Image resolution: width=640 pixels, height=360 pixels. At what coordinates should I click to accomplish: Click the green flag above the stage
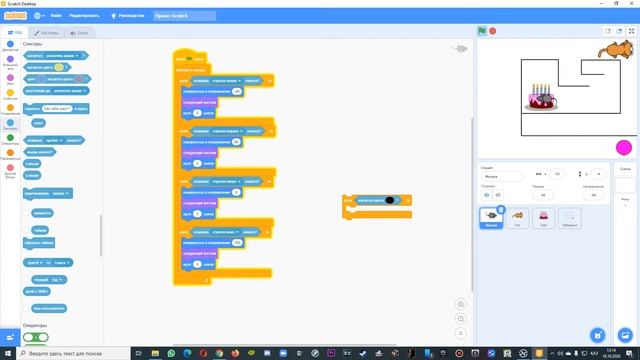[x=481, y=32]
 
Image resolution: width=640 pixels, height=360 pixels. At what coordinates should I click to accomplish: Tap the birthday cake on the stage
[x=541, y=98]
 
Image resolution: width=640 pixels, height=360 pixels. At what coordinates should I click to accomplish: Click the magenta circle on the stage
[x=623, y=148]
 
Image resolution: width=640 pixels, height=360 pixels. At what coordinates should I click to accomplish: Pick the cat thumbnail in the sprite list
[x=518, y=217]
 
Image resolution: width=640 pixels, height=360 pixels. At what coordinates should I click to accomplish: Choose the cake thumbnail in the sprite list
[x=544, y=217]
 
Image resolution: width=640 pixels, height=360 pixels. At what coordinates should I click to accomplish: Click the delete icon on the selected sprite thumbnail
[x=501, y=209]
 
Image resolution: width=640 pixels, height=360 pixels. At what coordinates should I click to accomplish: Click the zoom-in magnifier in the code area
[x=460, y=304]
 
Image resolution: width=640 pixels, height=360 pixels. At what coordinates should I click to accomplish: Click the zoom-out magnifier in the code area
[x=460, y=319]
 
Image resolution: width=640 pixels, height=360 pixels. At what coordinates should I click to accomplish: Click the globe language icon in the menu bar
[x=38, y=16]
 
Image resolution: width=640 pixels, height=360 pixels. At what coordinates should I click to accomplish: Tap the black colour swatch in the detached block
[x=390, y=200]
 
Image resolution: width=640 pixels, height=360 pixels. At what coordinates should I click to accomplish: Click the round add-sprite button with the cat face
[x=597, y=334]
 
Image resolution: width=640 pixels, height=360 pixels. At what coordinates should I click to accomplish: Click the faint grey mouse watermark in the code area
[x=461, y=47]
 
